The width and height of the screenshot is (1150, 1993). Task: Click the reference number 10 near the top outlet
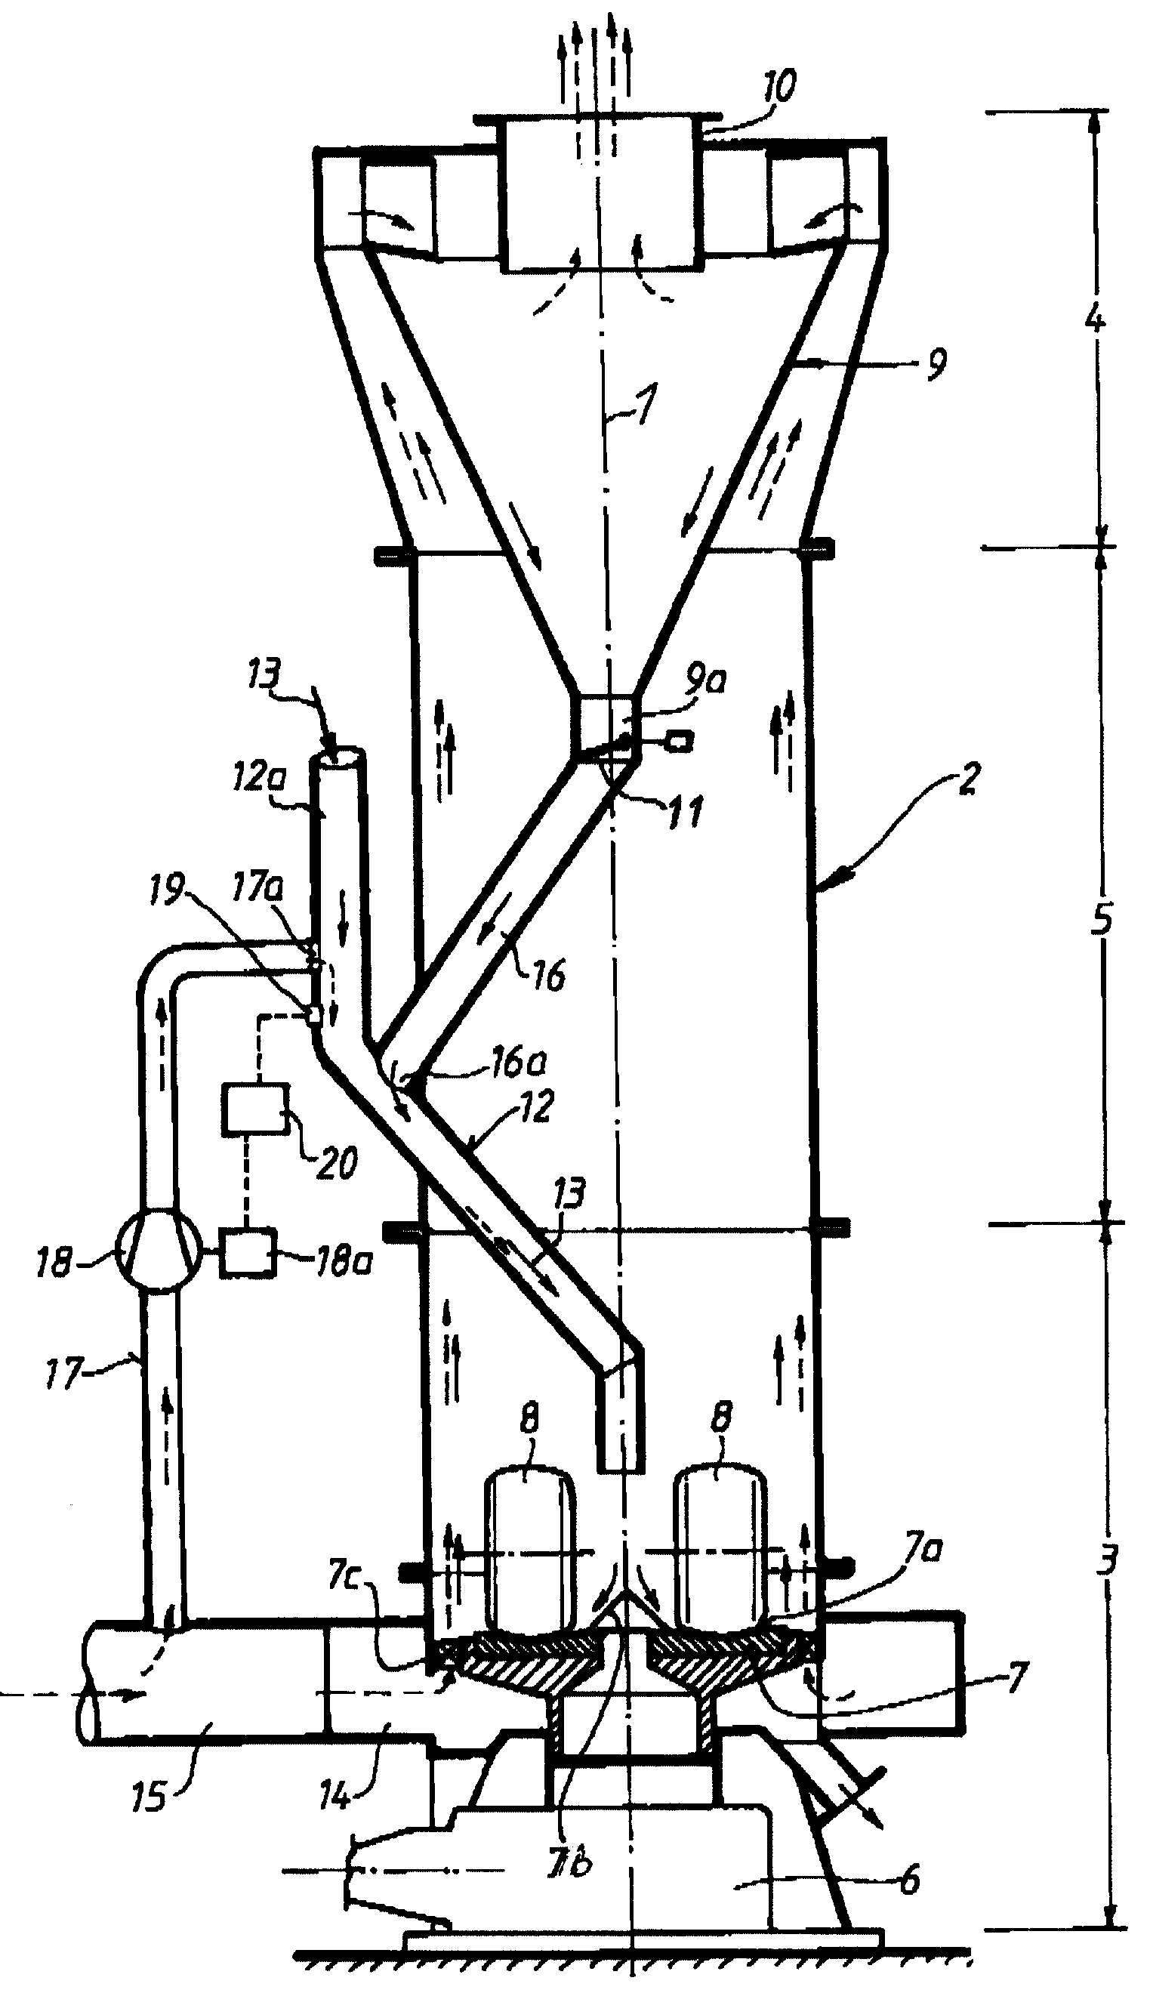(778, 87)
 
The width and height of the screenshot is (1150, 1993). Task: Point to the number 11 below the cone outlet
(684, 811)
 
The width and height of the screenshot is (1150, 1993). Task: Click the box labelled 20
(255, 1110)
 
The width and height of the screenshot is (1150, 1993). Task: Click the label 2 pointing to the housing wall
(968, 779)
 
